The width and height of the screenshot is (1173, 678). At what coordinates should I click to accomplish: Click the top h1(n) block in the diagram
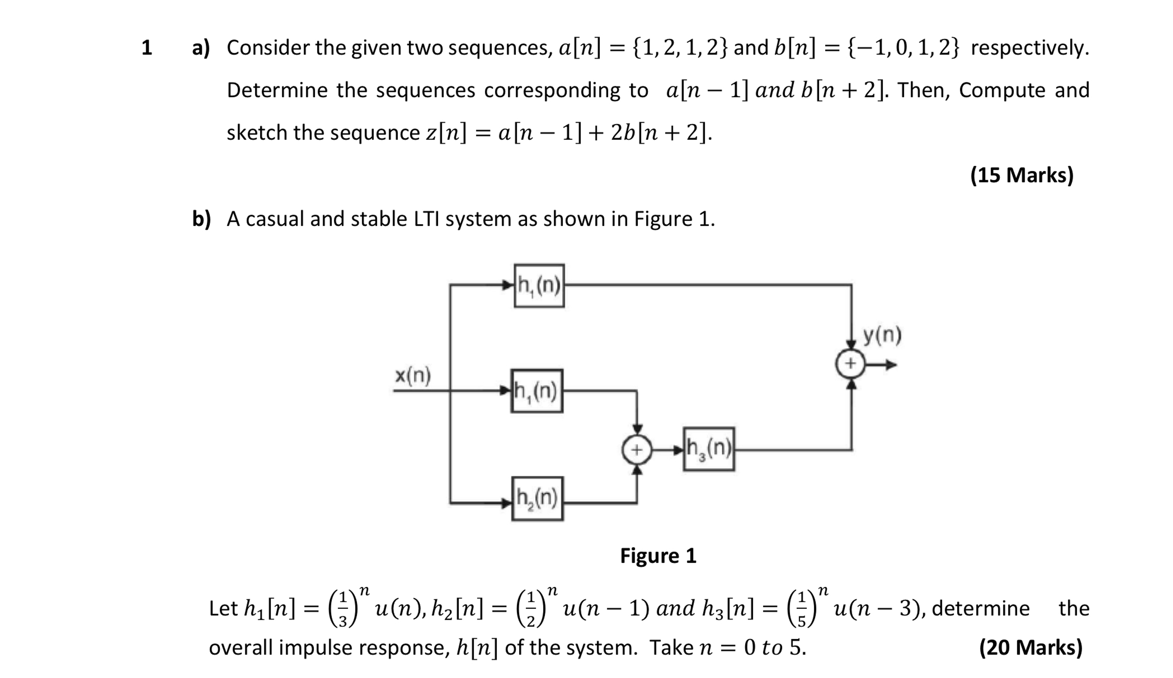pyautogui.click(x=539, y=286)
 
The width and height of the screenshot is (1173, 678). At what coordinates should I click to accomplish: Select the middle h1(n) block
pyautogui.click(x=536, y=391)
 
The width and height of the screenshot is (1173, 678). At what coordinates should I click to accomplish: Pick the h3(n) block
pyautogui.click(x=709, y=449)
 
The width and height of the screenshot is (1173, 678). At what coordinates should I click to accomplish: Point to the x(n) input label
pyautogui.click(x=413, y=375)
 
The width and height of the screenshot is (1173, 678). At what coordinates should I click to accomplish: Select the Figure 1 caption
pyautogui.click(x=658, y=556)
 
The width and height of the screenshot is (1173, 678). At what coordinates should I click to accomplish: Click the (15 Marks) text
pyautogui.click(x=1022, y=175)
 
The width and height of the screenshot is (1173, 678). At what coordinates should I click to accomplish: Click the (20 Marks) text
pyautogui.click(x=1031, y=647)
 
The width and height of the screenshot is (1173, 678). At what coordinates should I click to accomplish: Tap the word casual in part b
pyautogui.click(x=274, y=219)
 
